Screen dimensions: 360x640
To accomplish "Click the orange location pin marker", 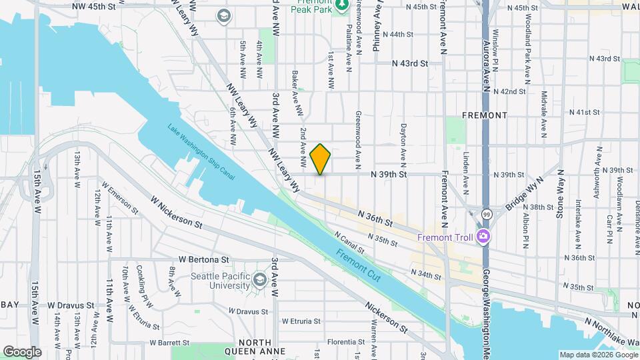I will pyautogui.click(x=321, y=159).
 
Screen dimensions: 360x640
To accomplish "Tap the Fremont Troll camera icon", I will pyautogui.click(x=483, y=237).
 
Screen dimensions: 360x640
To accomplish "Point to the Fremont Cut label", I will pyautogui.click(x=358, y=265).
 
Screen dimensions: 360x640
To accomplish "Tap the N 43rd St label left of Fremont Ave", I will pyautogui.click(x=409, y=63).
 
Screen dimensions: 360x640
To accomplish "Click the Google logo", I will pyautogui.click(x=21, y=351).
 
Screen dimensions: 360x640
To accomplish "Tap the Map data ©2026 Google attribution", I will pyautogui.click(x=598, y=355).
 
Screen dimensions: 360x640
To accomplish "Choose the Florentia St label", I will pyautogui.click(x=345, y=342).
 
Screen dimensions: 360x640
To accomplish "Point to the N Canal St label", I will pyautogui.click(x=349, y=243).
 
